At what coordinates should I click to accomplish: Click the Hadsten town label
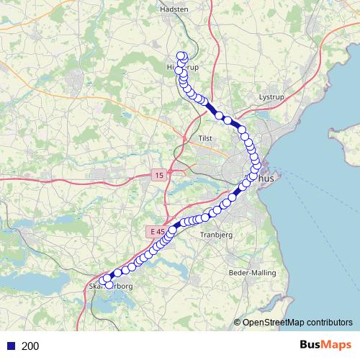pyautogui.click(x=171, y=9)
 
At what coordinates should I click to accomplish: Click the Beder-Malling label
pyautogui.click(x=247, y=273)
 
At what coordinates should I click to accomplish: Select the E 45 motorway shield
pyautogui.click(x=156, y=231)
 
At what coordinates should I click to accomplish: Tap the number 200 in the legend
pyautogui.click(x=30, y=346)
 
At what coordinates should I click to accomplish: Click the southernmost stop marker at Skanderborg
pyautogui.click(x=109, y=284)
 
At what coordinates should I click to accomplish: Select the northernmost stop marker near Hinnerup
pyautogui.click(x=181, y=55)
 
